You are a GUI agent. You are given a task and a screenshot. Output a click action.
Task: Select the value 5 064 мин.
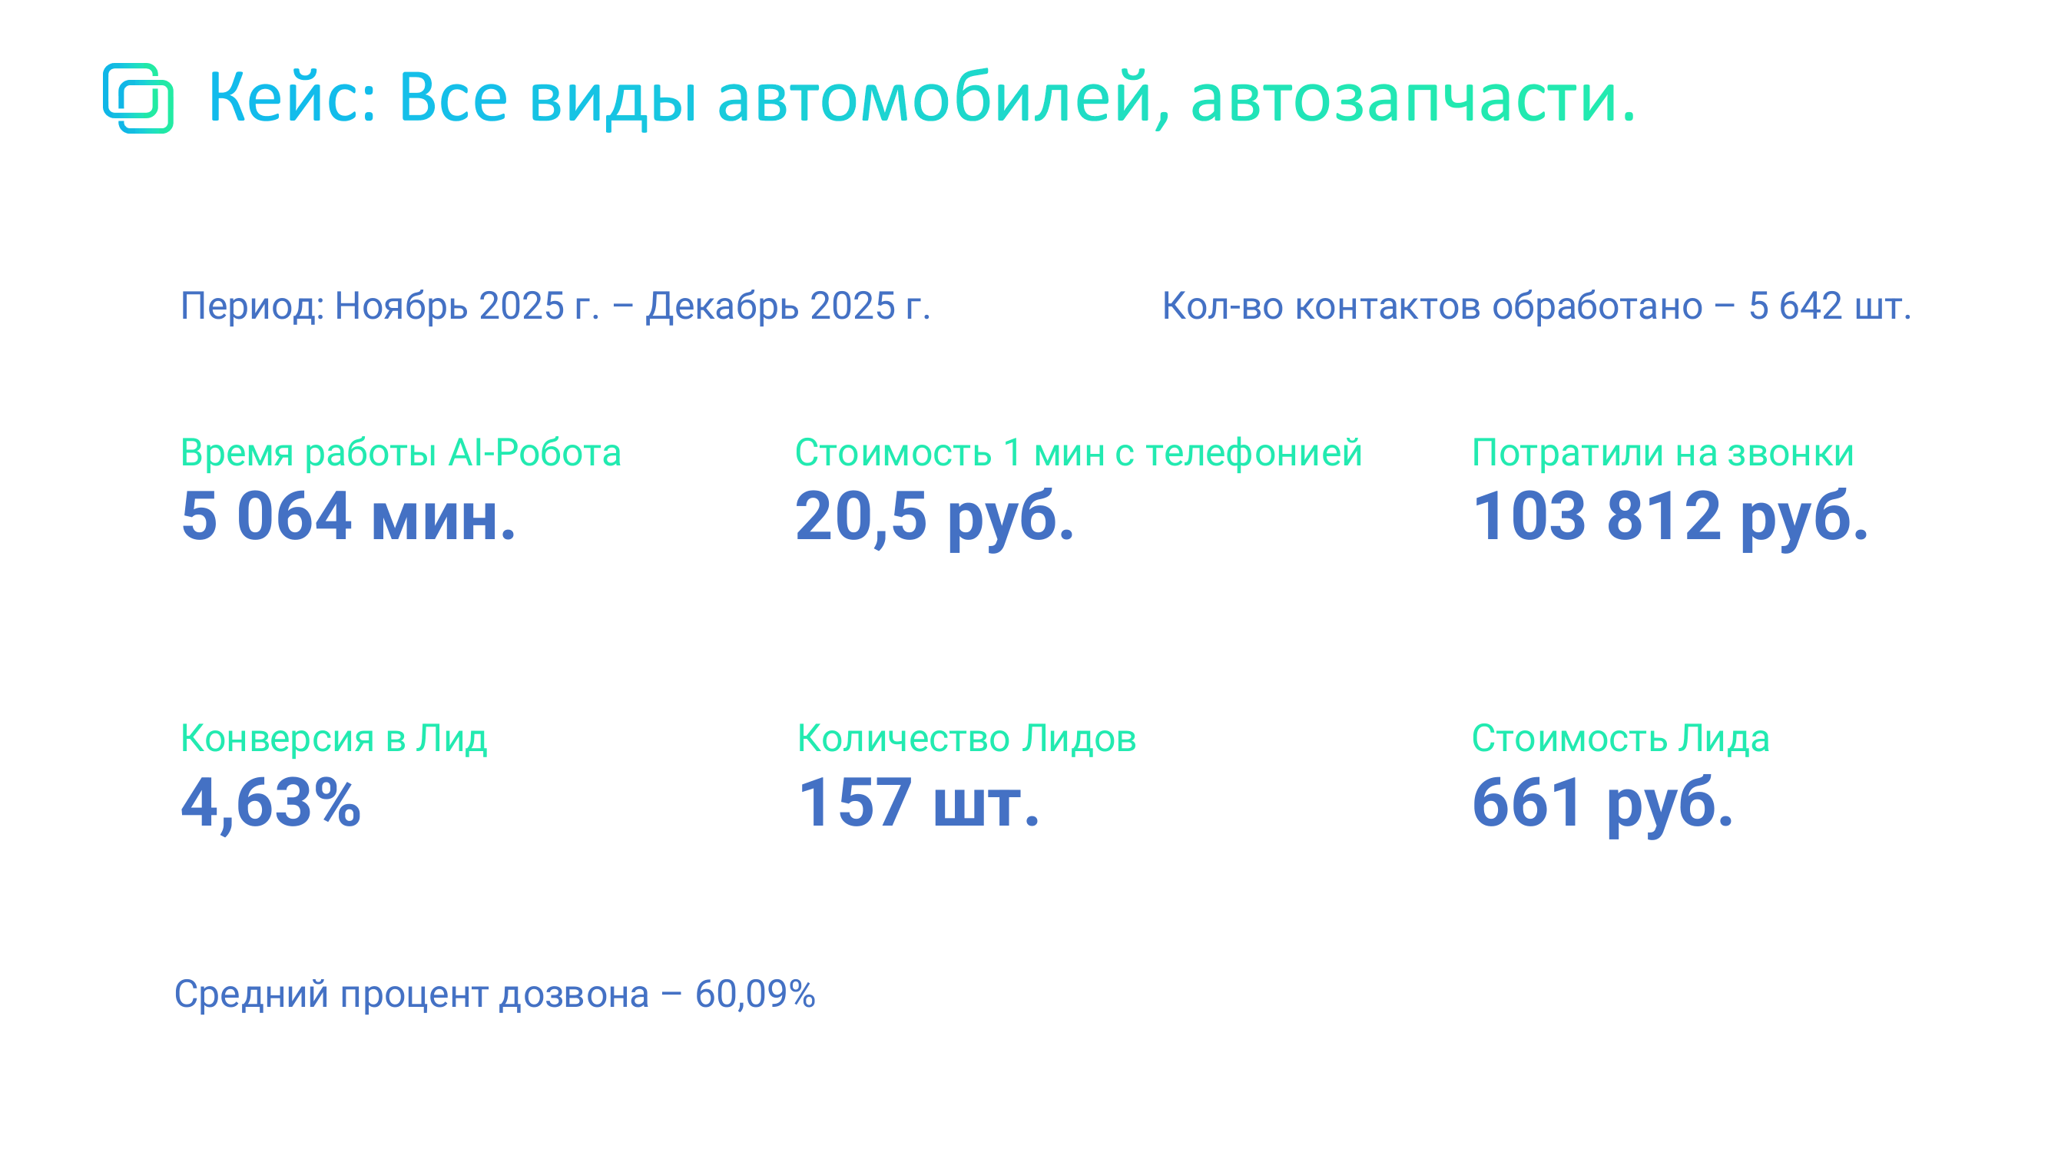[348, 516]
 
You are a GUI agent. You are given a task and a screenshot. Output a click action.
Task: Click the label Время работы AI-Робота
[401, 452]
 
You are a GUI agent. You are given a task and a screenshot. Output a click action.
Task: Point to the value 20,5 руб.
[935, 518]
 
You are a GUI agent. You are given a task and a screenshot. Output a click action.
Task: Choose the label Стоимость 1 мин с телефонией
[1079, 453]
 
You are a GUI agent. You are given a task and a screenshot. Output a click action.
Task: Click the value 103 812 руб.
[1670, 518]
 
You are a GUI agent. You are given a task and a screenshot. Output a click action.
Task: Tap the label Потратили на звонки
[1663, 453]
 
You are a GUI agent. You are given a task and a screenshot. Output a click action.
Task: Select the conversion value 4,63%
[271, 804]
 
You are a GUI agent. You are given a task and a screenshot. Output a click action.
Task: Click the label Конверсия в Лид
[334, 740]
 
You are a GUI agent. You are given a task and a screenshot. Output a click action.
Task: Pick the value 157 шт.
[919, 803]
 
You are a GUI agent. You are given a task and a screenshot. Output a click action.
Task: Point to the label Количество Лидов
[966, 740]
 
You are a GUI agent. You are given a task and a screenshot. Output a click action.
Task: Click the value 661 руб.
[1602, 804]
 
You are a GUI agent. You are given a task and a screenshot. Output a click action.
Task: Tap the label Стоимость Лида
[1620, 740]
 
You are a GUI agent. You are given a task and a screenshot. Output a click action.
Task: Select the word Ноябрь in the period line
[401, 307]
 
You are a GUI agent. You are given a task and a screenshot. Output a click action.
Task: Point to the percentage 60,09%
[755, 995]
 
